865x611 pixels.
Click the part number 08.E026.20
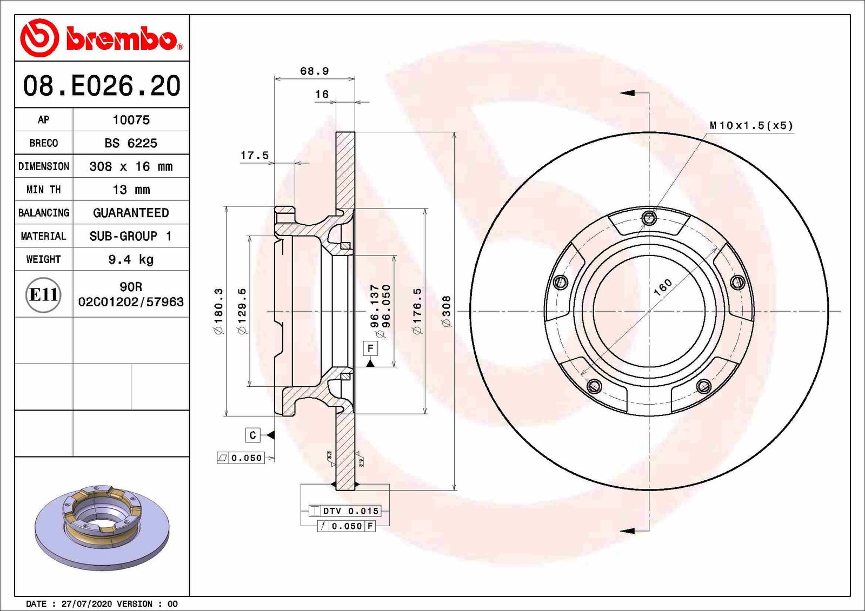(x=102, y=85)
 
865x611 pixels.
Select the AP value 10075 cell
(x=131, y=120)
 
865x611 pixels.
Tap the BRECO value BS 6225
(x=131, y=143)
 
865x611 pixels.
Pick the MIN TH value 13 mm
(x=131, y=190)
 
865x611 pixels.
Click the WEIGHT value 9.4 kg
(x=131, y=259)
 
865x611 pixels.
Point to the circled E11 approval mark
(x=43, y=294)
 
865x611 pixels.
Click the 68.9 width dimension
(x=314, y=71)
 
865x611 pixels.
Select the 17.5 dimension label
(x=254, y=155)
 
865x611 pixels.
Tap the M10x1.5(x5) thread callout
(x=751, y=125)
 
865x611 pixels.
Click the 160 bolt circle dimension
(x=663, y=287)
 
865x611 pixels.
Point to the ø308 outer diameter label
(x=447, y=311)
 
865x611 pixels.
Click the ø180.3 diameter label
(x=218, y=311)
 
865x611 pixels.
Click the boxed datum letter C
(x=252, y=435)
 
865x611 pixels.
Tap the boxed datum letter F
(x=370, y=348)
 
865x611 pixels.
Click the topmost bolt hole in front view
(x=649, y=218)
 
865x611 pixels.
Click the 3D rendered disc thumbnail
(x=102, y=527)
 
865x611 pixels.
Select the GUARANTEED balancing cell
(x=131, y=213)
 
